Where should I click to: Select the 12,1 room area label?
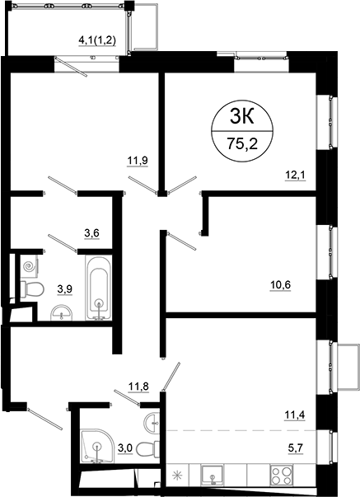(294, 174)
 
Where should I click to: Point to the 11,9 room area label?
(137, 161)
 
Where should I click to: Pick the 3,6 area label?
(92, 233)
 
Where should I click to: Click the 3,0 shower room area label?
(125, 448)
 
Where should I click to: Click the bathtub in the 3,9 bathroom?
(99, 288)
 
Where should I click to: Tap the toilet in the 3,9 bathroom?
(33, 289)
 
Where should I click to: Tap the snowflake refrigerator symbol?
(175, 475)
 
